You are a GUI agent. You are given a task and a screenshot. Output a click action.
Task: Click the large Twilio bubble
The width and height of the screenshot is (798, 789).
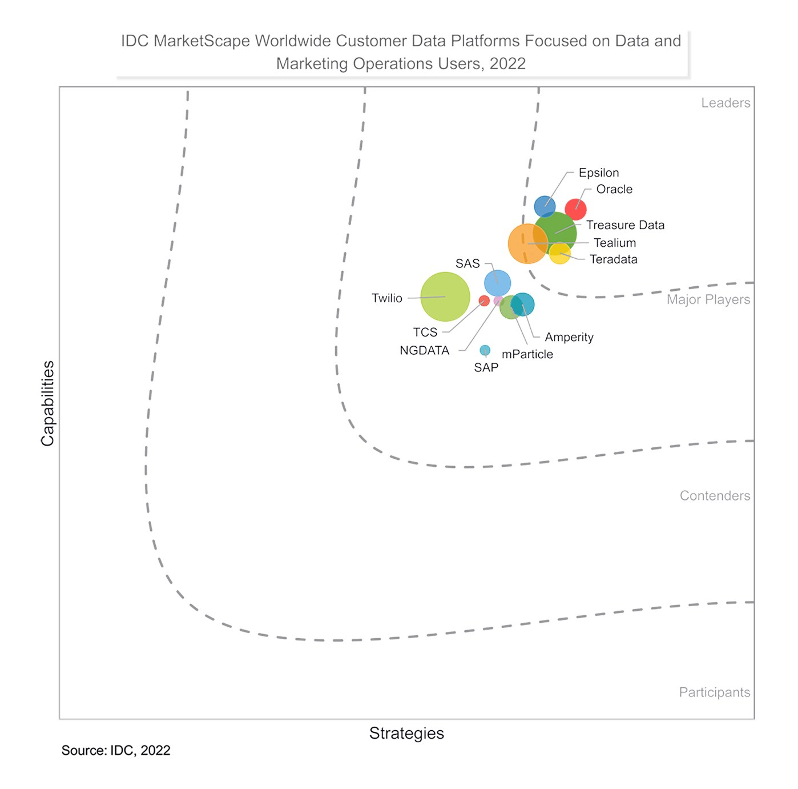[445, 297]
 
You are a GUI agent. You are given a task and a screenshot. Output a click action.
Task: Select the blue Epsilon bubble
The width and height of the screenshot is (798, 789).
[545, 206]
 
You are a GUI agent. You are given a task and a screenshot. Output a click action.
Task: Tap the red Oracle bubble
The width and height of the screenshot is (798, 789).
[575, 210]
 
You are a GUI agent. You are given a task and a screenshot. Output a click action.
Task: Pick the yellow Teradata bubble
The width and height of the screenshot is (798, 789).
[560, 254]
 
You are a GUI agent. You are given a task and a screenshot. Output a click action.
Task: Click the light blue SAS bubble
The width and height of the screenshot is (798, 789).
[497, 283]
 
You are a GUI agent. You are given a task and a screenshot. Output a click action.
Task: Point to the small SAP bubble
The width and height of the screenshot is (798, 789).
[485, 350]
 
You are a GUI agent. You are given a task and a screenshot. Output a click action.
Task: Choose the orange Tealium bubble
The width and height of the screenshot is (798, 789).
[527, 244]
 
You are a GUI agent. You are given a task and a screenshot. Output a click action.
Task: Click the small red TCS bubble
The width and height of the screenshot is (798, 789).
[484, 301]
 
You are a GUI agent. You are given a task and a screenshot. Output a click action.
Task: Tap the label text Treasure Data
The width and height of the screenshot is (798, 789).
[625, 225]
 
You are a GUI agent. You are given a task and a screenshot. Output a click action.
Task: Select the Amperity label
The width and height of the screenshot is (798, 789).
[569, 337]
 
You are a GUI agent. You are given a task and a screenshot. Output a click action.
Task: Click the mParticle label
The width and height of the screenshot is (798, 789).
[527, 354]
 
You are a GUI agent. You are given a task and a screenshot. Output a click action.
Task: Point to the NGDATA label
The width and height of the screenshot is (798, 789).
[424, 350]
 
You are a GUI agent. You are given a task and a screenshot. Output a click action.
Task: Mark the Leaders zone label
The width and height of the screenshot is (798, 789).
[726, 103]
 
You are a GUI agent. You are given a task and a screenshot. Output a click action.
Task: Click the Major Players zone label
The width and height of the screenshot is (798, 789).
[708, 299]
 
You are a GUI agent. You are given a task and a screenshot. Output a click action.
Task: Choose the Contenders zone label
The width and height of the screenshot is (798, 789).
[715, 495]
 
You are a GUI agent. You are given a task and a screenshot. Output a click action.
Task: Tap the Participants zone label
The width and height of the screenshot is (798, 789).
[714, 692]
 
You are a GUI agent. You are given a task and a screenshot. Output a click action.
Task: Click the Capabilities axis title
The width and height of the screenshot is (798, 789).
[47, 403]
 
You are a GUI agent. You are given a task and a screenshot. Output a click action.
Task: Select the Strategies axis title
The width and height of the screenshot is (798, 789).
[406, 733]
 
